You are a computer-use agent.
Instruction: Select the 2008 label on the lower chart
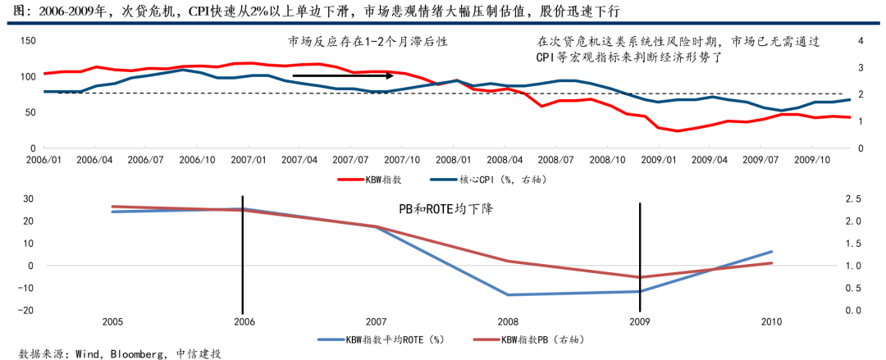click(x=507, y=321)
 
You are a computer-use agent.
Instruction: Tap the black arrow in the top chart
click(x=344, y=76)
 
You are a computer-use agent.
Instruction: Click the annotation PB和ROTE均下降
click(x=445, y=209)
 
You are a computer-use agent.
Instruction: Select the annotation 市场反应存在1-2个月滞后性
click(x=368, y=41)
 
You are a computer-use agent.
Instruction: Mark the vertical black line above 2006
click(x=243, y=254)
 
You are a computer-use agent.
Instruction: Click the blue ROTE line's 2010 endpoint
click(x=772, y=252)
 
